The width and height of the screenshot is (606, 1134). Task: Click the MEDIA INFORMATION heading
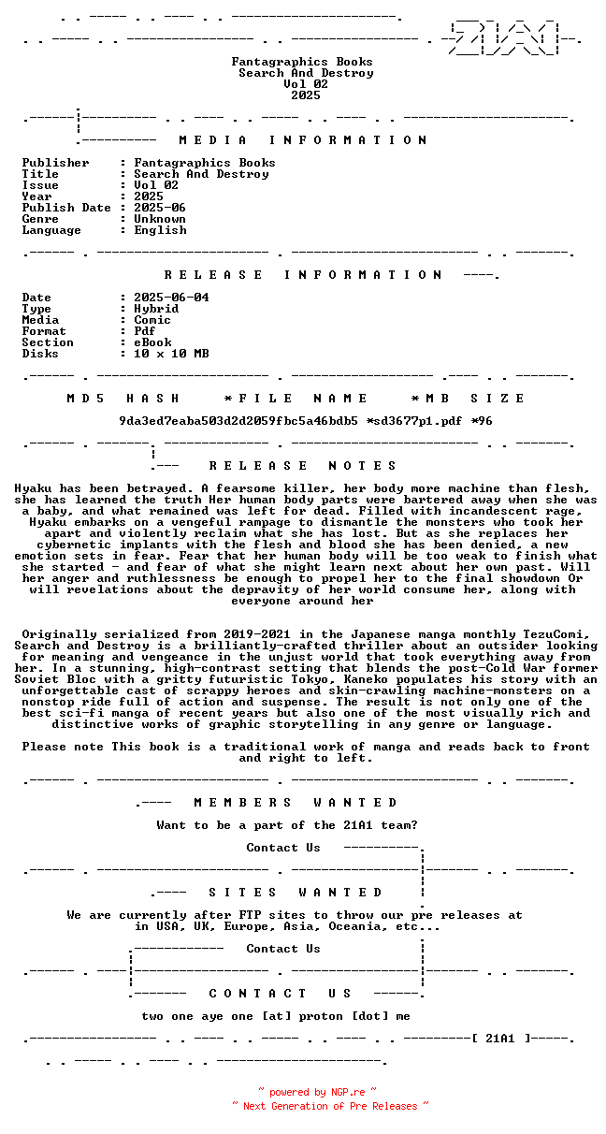click(302, 140)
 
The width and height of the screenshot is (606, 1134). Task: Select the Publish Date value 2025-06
click(160, 208)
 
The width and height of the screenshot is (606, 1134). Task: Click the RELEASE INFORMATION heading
click(302, 275)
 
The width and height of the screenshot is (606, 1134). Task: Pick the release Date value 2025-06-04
click(171, 298)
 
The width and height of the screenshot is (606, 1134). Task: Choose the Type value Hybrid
click(156, 309)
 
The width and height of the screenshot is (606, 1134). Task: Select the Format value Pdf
click(145, 331)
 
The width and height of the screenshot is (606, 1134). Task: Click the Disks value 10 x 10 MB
click(171, 354)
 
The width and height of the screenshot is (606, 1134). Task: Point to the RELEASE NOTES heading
click(302, 466)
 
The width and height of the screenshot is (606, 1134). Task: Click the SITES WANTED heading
click(295, 893)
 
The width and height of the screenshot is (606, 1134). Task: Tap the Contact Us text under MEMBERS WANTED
click(283, 848)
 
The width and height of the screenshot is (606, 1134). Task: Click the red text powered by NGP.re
click(317, 1092)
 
